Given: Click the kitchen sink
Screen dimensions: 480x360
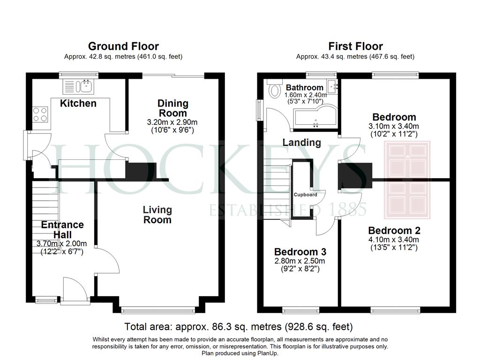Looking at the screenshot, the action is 79,86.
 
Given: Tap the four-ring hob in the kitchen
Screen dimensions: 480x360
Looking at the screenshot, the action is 40,114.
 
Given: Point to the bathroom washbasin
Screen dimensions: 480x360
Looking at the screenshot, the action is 332,86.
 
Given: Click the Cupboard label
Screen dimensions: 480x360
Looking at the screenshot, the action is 305,195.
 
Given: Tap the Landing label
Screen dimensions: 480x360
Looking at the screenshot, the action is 301,142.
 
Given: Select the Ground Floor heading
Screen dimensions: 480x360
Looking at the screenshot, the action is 123,46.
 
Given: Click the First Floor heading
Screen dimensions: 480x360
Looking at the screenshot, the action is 355,46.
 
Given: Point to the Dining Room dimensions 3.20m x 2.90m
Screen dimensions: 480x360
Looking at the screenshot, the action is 172,122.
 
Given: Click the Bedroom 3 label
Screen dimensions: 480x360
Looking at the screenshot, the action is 300,252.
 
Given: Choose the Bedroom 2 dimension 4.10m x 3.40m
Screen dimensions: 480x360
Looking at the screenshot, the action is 394,240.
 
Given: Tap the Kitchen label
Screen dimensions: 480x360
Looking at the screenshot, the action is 78,103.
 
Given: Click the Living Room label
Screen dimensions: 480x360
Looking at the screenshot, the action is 157,215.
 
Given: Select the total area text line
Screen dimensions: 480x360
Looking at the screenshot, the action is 239,327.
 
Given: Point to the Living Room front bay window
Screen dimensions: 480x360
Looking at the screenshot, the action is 158,310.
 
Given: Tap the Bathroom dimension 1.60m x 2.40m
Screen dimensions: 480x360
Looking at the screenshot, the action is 305,95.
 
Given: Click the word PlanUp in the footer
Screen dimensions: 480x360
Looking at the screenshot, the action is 267,353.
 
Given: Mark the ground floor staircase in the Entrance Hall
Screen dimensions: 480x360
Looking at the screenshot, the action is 45,217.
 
